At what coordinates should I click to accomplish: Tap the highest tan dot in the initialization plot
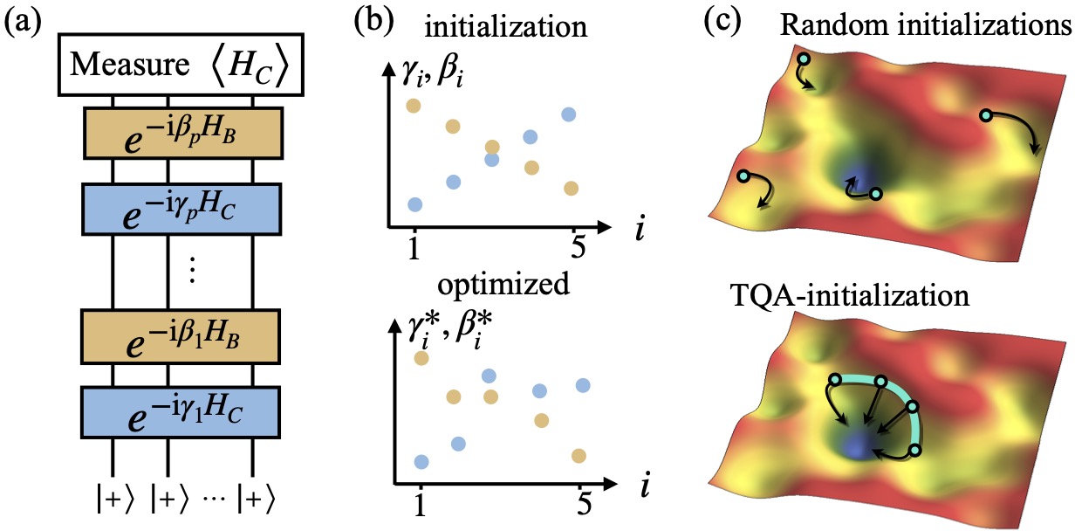pos(414,107)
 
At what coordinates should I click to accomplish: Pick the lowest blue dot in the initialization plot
pos(415,204)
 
